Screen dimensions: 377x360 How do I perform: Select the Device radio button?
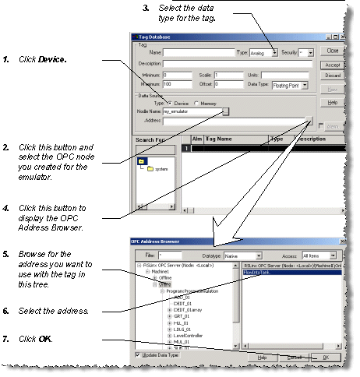tap(169, 102)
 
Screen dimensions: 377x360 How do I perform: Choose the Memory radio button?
tap(196, 102)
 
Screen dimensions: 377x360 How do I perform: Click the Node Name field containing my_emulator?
tap(190, 111)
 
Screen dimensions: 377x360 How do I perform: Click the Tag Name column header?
tap(222, 138)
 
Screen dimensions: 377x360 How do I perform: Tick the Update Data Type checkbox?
tap(137, 355)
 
